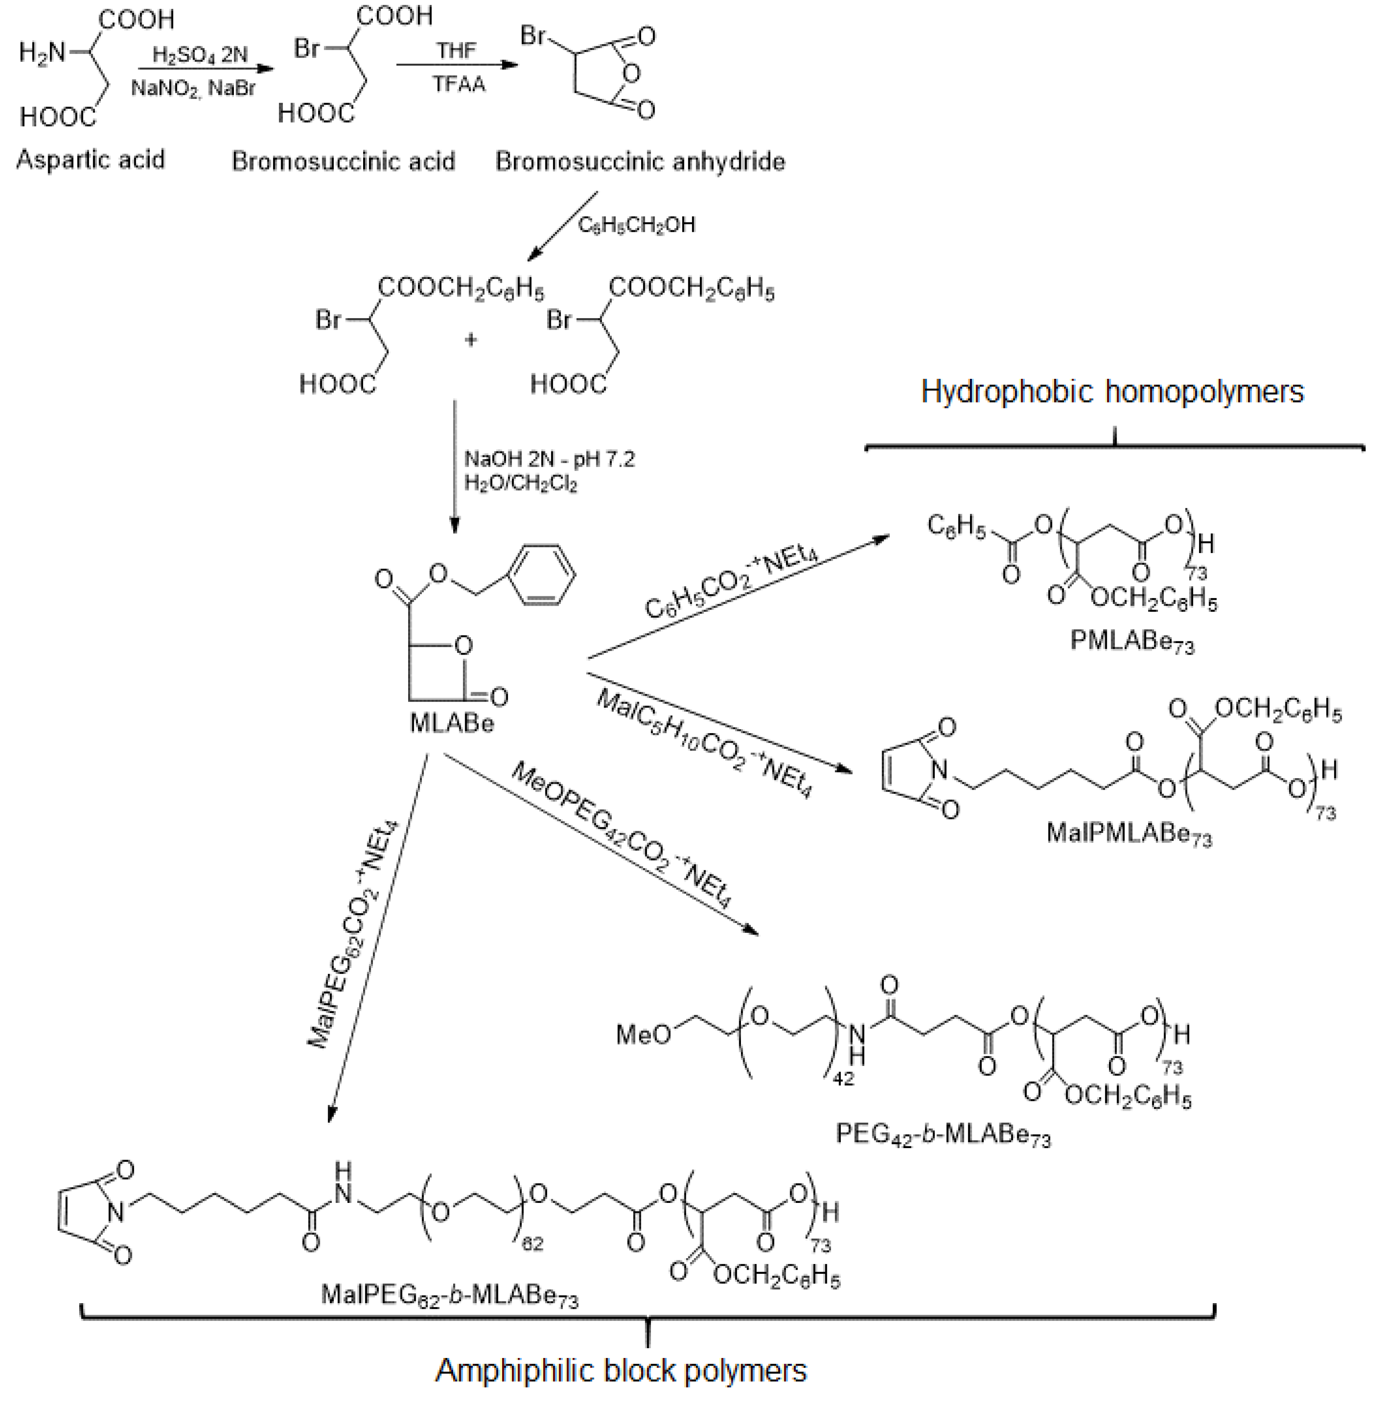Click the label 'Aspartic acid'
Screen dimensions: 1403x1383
tap(91, 159)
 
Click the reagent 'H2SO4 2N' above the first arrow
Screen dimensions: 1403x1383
tap(200, 54)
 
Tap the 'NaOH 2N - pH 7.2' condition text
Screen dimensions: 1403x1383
tap(549, 459)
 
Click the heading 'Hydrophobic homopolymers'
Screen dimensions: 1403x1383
tap(1112, 391)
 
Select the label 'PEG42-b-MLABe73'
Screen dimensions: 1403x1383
tap(942, 1134)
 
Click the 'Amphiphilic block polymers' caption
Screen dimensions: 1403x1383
tap(621, 1371)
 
